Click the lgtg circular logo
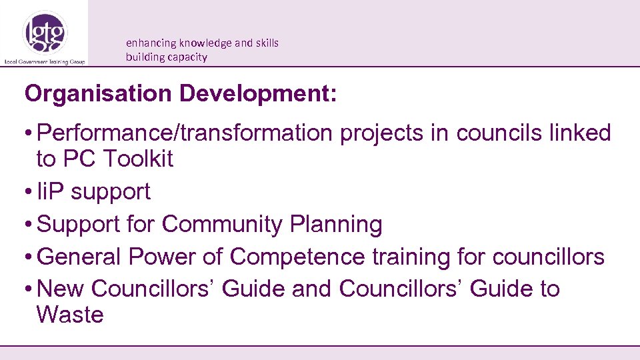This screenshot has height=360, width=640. tap(45, 32)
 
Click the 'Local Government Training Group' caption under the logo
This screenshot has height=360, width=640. tap(45, 61)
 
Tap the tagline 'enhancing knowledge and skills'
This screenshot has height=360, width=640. tap(202, 43)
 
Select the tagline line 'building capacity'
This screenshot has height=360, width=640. tap(166, 57)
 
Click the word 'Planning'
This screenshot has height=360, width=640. tap(336, 225)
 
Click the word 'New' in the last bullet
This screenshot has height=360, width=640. tap(61, 289)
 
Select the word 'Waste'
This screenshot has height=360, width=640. tap(70, 315)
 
